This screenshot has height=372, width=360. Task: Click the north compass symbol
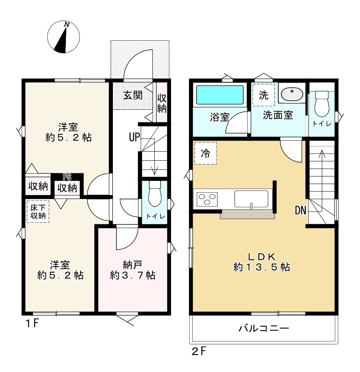pyautogui.click(x=63, y=37)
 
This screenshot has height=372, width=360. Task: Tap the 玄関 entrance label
pyautogui.click(x=132, y=96)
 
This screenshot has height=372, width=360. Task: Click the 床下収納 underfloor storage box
pyautogui.click(x=38, y=211)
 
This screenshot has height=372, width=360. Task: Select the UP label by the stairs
pyautogui.click(x=134, y=137)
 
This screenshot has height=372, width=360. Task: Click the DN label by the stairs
pyautogui.click(x=301, y=210)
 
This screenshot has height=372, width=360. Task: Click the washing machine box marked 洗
pyautogui.click(x=264, y=95)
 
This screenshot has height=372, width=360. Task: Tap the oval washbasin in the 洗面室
pyautogui.click(x=292, y=94)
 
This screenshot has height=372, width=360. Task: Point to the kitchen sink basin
pyautogui.click(x=251, y=198)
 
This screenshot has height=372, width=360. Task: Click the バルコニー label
pyautogui.click(x=264, y=329)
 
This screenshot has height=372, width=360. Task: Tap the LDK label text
pyautogui.click(x=261, y=256)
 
